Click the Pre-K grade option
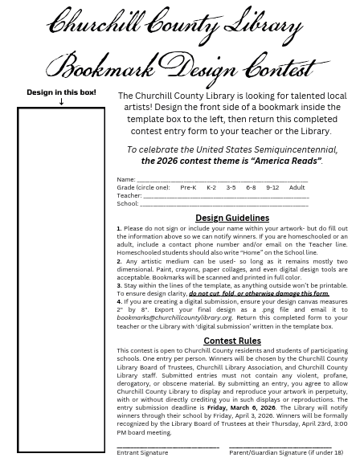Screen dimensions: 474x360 [x=188, y=187]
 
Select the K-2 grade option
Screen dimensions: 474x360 [x=211, y=187]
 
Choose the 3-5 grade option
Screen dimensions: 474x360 [x=231, y=187]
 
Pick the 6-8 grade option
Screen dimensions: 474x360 [x=252, y=187]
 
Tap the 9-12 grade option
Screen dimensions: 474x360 [x=272, y=187]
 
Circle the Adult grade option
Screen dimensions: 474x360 [x=297, y=187]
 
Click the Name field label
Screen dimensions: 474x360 [x=125, y=180]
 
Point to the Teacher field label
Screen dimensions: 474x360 [x=129, y=195]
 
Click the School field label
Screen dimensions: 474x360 [x=127, y=203]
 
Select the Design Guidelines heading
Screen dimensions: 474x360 [x=232, y=218]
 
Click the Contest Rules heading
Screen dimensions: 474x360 [x=232, y=341]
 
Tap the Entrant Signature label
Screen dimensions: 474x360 [x=142, y=452]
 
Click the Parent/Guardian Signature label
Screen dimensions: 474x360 [x=286, y=452]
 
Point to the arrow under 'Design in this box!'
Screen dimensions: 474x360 [x=61, y=102]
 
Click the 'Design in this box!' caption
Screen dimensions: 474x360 [x=61, y=92]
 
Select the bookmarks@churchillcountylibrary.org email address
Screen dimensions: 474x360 [x=174, y=317]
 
